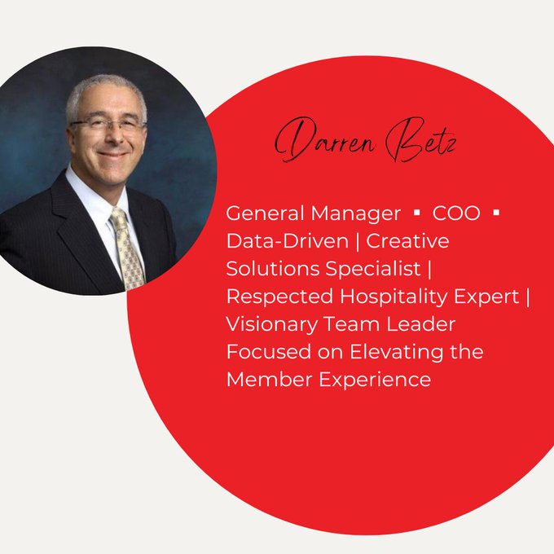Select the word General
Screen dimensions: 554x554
click(263, 213)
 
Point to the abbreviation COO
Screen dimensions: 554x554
click(457, 213)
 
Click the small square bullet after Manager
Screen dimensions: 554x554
click(417, 214)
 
